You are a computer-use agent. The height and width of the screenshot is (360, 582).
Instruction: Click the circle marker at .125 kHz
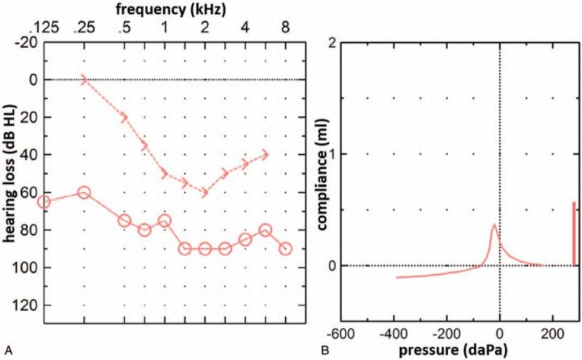pyautogui.click(x=44, y=201)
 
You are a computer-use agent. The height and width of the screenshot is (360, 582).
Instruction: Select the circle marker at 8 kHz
pyautogui.click(x=285, y=248)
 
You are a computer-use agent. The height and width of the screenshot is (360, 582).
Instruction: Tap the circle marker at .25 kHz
pyautogui.click(x=84, y=192)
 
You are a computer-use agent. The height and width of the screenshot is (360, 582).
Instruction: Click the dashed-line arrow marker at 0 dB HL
pyautogui.click(x=84, y=79)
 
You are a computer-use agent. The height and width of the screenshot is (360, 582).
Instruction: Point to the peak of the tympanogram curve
pyautogui.click(x=494, y=225)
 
